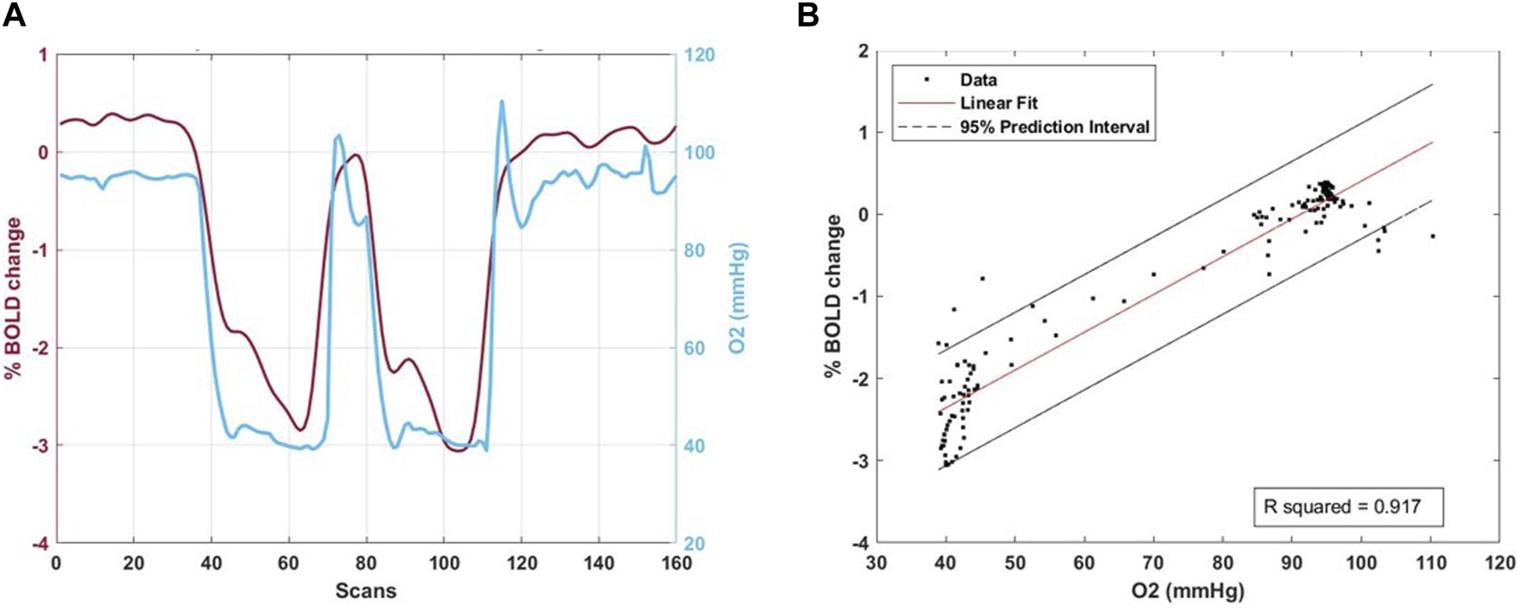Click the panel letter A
[x=14, y=15]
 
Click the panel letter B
[x=808, y=15]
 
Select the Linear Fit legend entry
[x=998, y=103]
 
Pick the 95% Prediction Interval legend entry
[x=1054, y=127]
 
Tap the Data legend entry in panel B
[x=978, y=80]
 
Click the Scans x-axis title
[x=365, y=591]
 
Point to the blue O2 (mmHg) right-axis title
[x=738, y=298]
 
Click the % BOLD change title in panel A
[x=14, y=298]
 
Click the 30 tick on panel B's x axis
[x=877, y=563]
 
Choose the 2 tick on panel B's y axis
[x=861, y=51]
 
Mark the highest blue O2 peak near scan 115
[x=501, y=101]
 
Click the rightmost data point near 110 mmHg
[x=1432, y=236]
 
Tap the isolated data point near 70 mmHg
[x=1154, y=274]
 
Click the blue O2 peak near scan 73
[x=339, y=135]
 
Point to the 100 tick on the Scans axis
[x=443, y=563]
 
